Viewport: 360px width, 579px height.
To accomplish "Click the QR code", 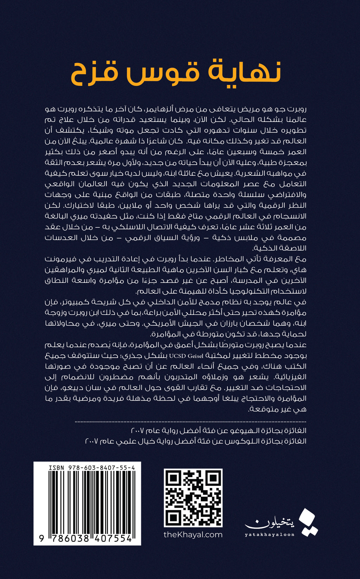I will (x=193, y=498).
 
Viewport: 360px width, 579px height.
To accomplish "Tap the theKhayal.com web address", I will (x=193, y=535).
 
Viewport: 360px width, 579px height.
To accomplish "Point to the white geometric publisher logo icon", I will (x=308, y=522).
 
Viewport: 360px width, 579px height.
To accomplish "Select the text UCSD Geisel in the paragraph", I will (x=186, y=356).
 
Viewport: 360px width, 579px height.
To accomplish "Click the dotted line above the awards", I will (x=191, y=421).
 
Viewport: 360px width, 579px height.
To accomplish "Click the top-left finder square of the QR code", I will (x=173, y=479).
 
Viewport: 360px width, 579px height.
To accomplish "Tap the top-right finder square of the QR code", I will (x=213, y=479).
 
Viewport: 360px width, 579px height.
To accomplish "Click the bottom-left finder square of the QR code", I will (x=173, y=518).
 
